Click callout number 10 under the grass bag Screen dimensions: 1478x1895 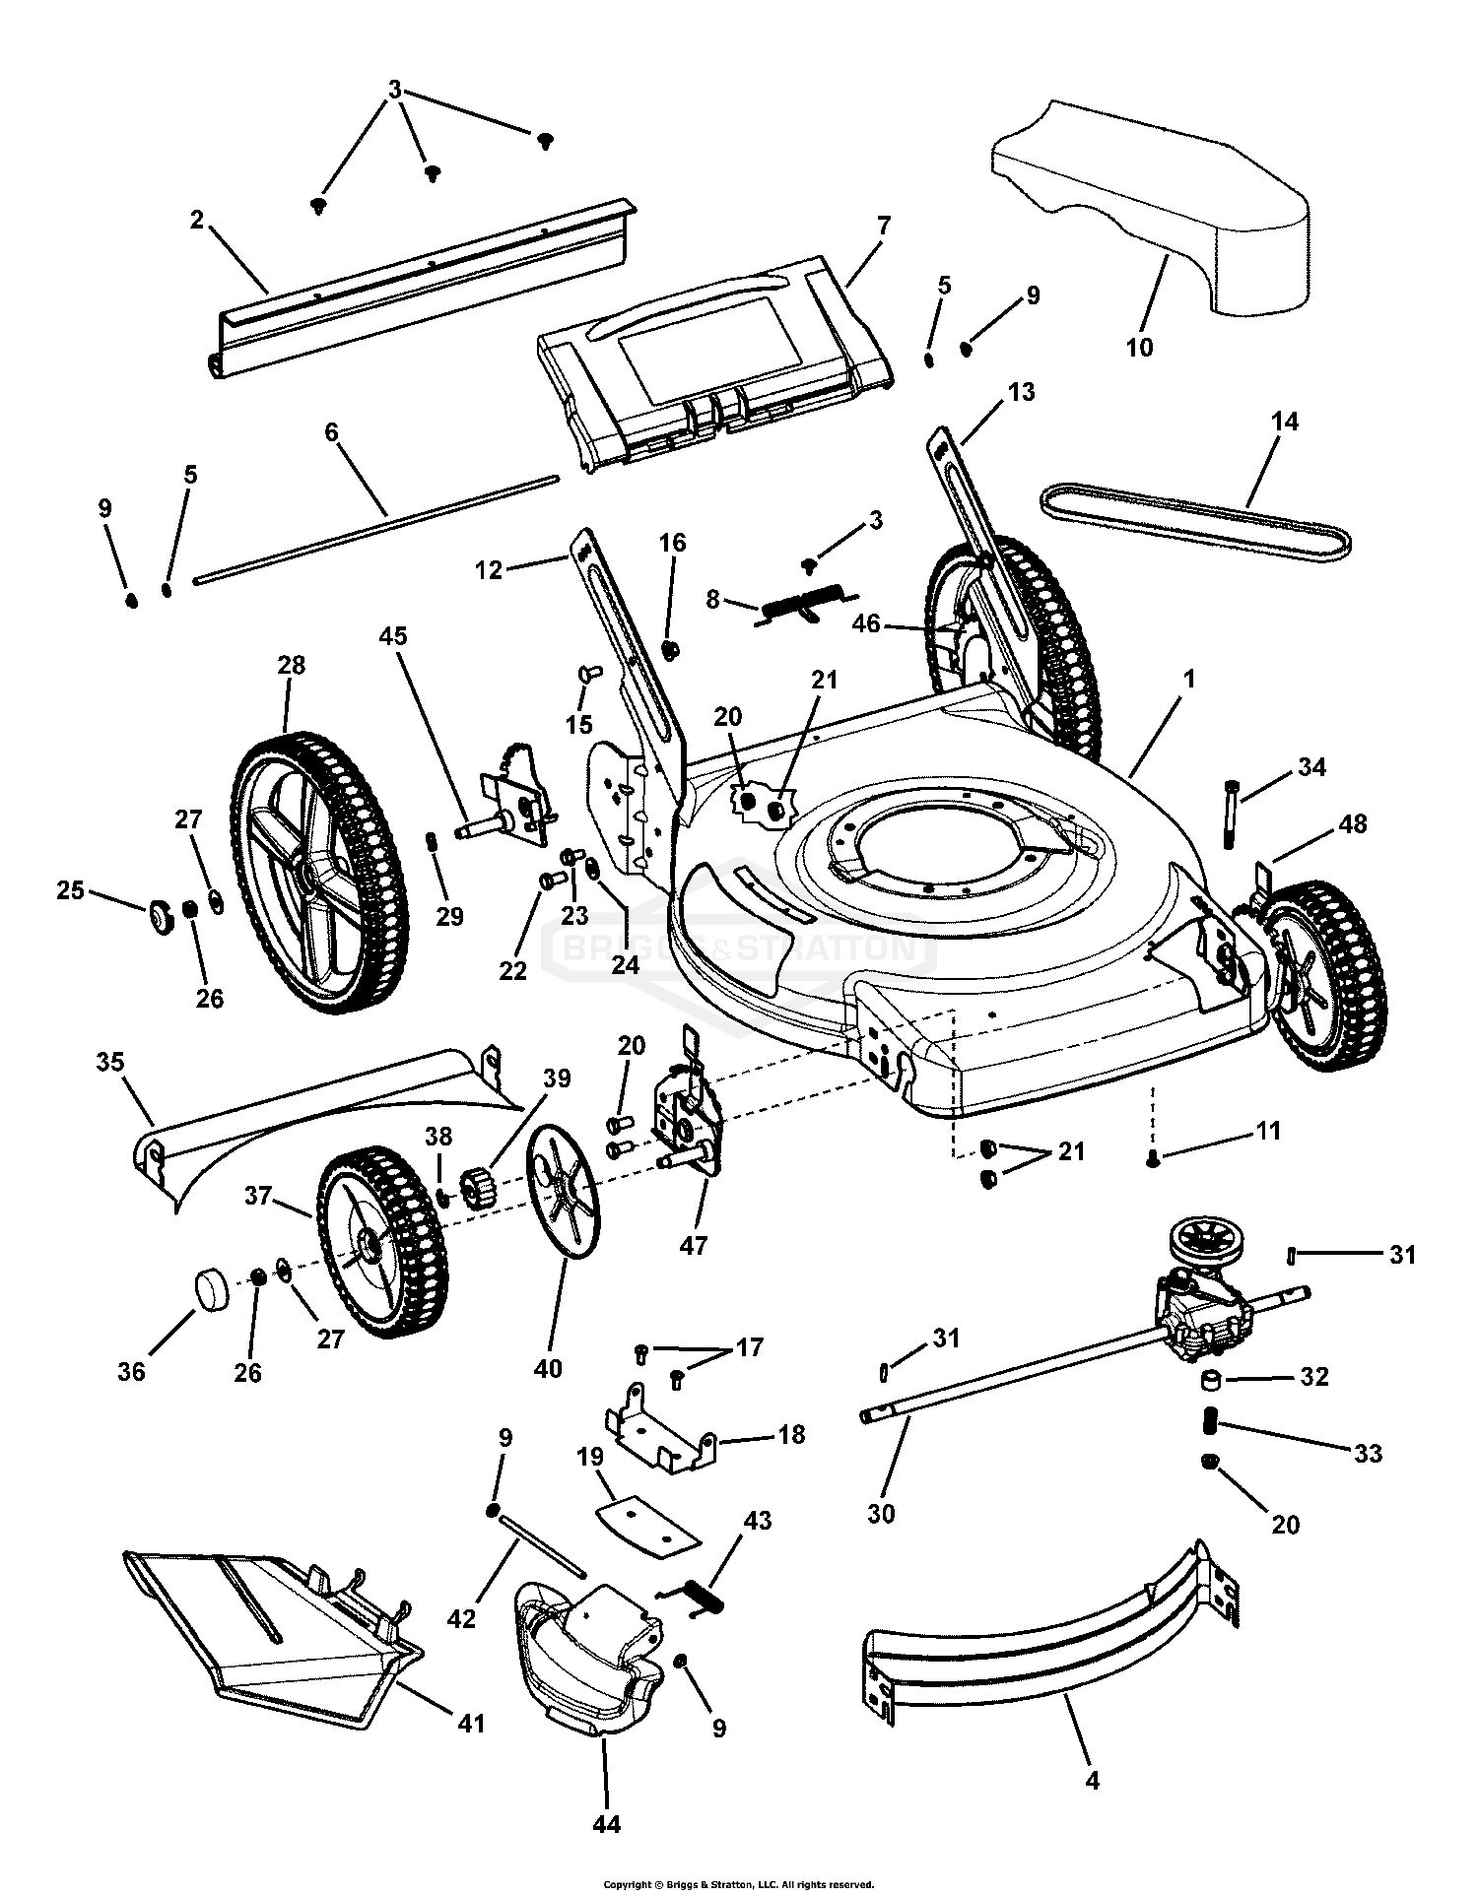pyautogui.click(x=1139, y=348)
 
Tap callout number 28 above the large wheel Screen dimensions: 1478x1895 pyautogui.click(x=292, y=665)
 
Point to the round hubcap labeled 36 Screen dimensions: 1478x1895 pyautogui.click(x=209, y=1290)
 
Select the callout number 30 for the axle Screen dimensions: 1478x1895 pyautogui.click(x=881, y=1512)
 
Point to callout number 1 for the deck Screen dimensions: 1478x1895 pyautogui.click(x=1189, y=679)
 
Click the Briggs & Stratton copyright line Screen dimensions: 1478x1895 pyautogui.click(x=738, y=1884)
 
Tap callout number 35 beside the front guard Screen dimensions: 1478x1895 pyautogui.click(x=110, y=1063)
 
